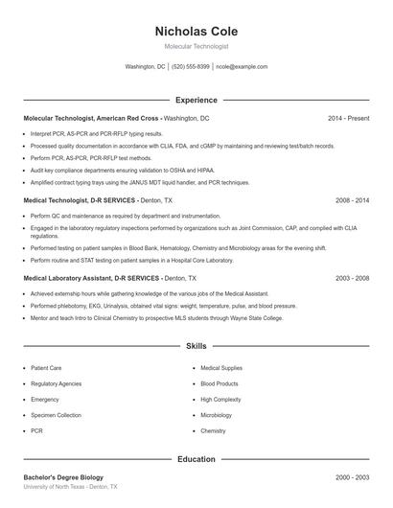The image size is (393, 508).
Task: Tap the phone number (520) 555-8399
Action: click(191, 67)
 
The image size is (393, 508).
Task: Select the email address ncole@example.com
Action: click(242, 67)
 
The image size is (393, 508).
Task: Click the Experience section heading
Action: click(196, 100)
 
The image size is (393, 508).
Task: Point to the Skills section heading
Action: click(196, 345)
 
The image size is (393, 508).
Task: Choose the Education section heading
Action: click(196, 459)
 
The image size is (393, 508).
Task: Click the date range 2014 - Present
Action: click(348, 118)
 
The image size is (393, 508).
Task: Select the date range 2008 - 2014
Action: click(352, 201)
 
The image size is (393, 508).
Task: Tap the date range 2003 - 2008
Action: click(352, 278)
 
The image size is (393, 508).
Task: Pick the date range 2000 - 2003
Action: click(352, 477)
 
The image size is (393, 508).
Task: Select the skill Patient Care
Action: click(46, 367)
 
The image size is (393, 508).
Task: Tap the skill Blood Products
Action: click(220, 383)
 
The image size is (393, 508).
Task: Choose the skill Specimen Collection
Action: click(56, 415)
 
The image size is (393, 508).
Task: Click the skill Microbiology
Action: click(217, 415)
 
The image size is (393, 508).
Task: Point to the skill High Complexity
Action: click(220, 399)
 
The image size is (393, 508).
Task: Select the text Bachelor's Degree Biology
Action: click(63, 477)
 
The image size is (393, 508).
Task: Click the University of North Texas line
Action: click(70, 487)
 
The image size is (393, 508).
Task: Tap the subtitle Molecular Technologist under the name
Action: click(196, 46)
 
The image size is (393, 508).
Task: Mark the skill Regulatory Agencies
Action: click(56, 383)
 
